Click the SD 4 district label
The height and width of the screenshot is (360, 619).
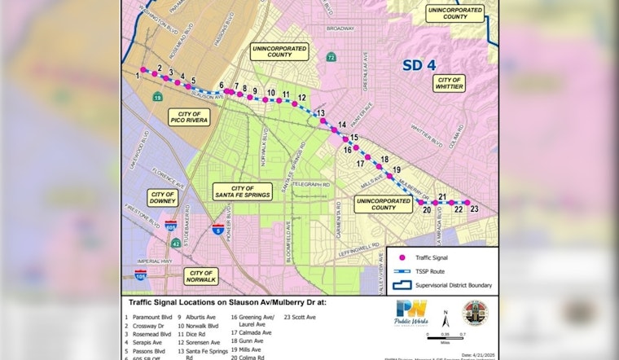click(422, 66)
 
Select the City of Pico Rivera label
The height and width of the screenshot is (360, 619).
click(189, 116)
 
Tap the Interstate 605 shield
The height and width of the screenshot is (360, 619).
click(171, 225)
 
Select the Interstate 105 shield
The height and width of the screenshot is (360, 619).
click(141, 276)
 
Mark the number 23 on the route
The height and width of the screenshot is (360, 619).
click(473, 209)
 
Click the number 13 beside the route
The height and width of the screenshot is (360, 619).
click(321, 113)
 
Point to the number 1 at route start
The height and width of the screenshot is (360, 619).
click(138, 74)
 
